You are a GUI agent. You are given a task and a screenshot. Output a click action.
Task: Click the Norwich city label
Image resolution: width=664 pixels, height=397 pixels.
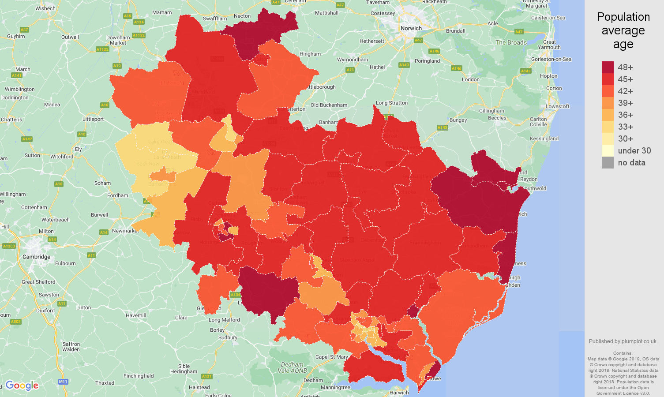pyautogui.click(x=411, y=28)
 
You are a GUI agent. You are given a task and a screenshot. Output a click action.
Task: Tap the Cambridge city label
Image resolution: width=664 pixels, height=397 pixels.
pyautogui.click(x=36, y=257)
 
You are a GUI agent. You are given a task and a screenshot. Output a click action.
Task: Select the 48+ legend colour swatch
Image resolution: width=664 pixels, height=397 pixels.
pyautogui.click(x=608, y=67)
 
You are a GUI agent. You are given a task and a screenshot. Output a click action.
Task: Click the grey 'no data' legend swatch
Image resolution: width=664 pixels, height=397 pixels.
pyautogui.click(x=608, y=162)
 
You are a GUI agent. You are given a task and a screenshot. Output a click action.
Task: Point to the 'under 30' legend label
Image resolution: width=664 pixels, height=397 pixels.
pyautogui.click(x=634, y=150)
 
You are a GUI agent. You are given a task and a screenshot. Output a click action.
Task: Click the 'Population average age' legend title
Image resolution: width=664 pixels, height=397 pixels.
pyautogui.click(x=623, y=30)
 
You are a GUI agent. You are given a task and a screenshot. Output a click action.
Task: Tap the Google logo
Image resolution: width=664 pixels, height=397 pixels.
pyautogui.click(x=22, y=386)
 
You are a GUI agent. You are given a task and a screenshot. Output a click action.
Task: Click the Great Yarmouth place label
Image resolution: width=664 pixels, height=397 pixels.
pyautogui.click(x=549, y=45)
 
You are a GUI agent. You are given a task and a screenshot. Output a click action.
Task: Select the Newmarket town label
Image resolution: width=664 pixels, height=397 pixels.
pyautogui.click(x=125, y=231)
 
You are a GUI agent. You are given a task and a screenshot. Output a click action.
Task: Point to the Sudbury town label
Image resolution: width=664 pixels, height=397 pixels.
pyautogui.click(x=228, y=337)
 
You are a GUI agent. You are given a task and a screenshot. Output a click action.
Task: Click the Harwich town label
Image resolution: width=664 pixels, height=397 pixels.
pyautogui.click(x=399, y=393)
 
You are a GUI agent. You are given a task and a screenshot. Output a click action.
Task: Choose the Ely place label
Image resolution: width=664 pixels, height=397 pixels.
pyautogui.click(x=78, y=149)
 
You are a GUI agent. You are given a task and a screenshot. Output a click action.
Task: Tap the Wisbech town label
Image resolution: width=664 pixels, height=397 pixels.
pyautogui.click(x=45, y=8)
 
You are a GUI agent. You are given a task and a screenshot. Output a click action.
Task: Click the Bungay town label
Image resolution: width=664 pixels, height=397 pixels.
pyautogui.click(x=458, y=120)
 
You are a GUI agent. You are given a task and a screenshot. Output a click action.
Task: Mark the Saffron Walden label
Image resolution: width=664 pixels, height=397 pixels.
pyautogui.click(x=71, y=347)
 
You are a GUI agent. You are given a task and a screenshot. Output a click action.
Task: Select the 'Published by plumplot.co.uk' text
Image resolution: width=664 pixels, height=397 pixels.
pyautogui.click(x=623, y=341)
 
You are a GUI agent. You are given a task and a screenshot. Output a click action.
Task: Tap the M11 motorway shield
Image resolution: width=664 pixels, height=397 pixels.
pyautogui.click(x=63, y=382)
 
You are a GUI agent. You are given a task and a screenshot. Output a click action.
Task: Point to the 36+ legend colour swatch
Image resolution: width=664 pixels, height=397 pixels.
pyautogui.click(x=608, y=115)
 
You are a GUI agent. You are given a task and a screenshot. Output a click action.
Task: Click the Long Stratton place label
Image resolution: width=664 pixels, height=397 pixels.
pyautogui.click(x=392, y=103)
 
